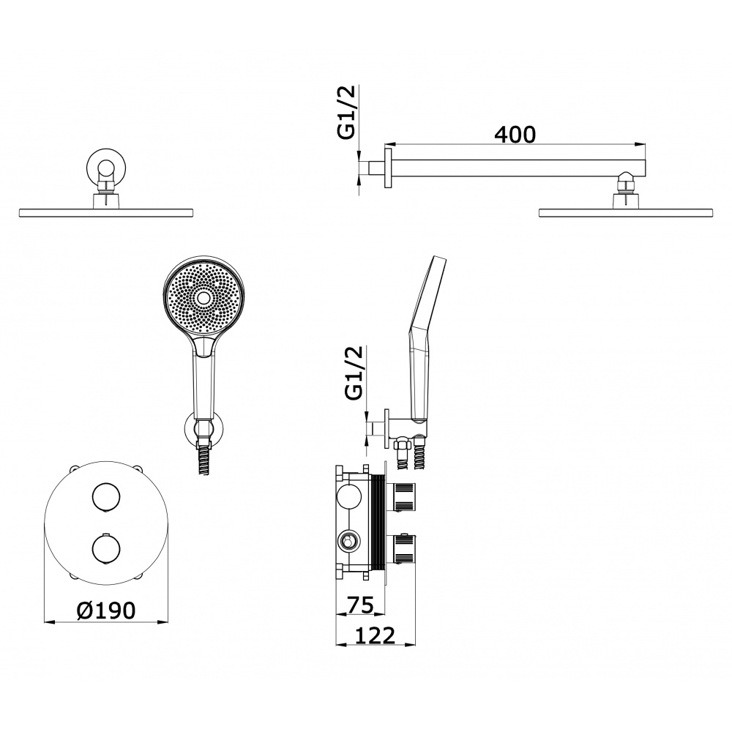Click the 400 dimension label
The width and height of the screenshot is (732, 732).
click(515, 135)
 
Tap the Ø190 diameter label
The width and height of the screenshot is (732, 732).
click(106, 610)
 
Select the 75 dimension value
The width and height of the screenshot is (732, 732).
click(361, 605)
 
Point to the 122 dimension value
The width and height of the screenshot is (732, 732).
click(375, 636)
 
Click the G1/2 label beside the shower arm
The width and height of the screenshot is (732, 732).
click(346, 112)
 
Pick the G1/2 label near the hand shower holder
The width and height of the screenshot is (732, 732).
click(354, 373)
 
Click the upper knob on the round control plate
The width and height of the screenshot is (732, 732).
click(106, 498)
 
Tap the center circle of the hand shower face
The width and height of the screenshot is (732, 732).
click(203, 297)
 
